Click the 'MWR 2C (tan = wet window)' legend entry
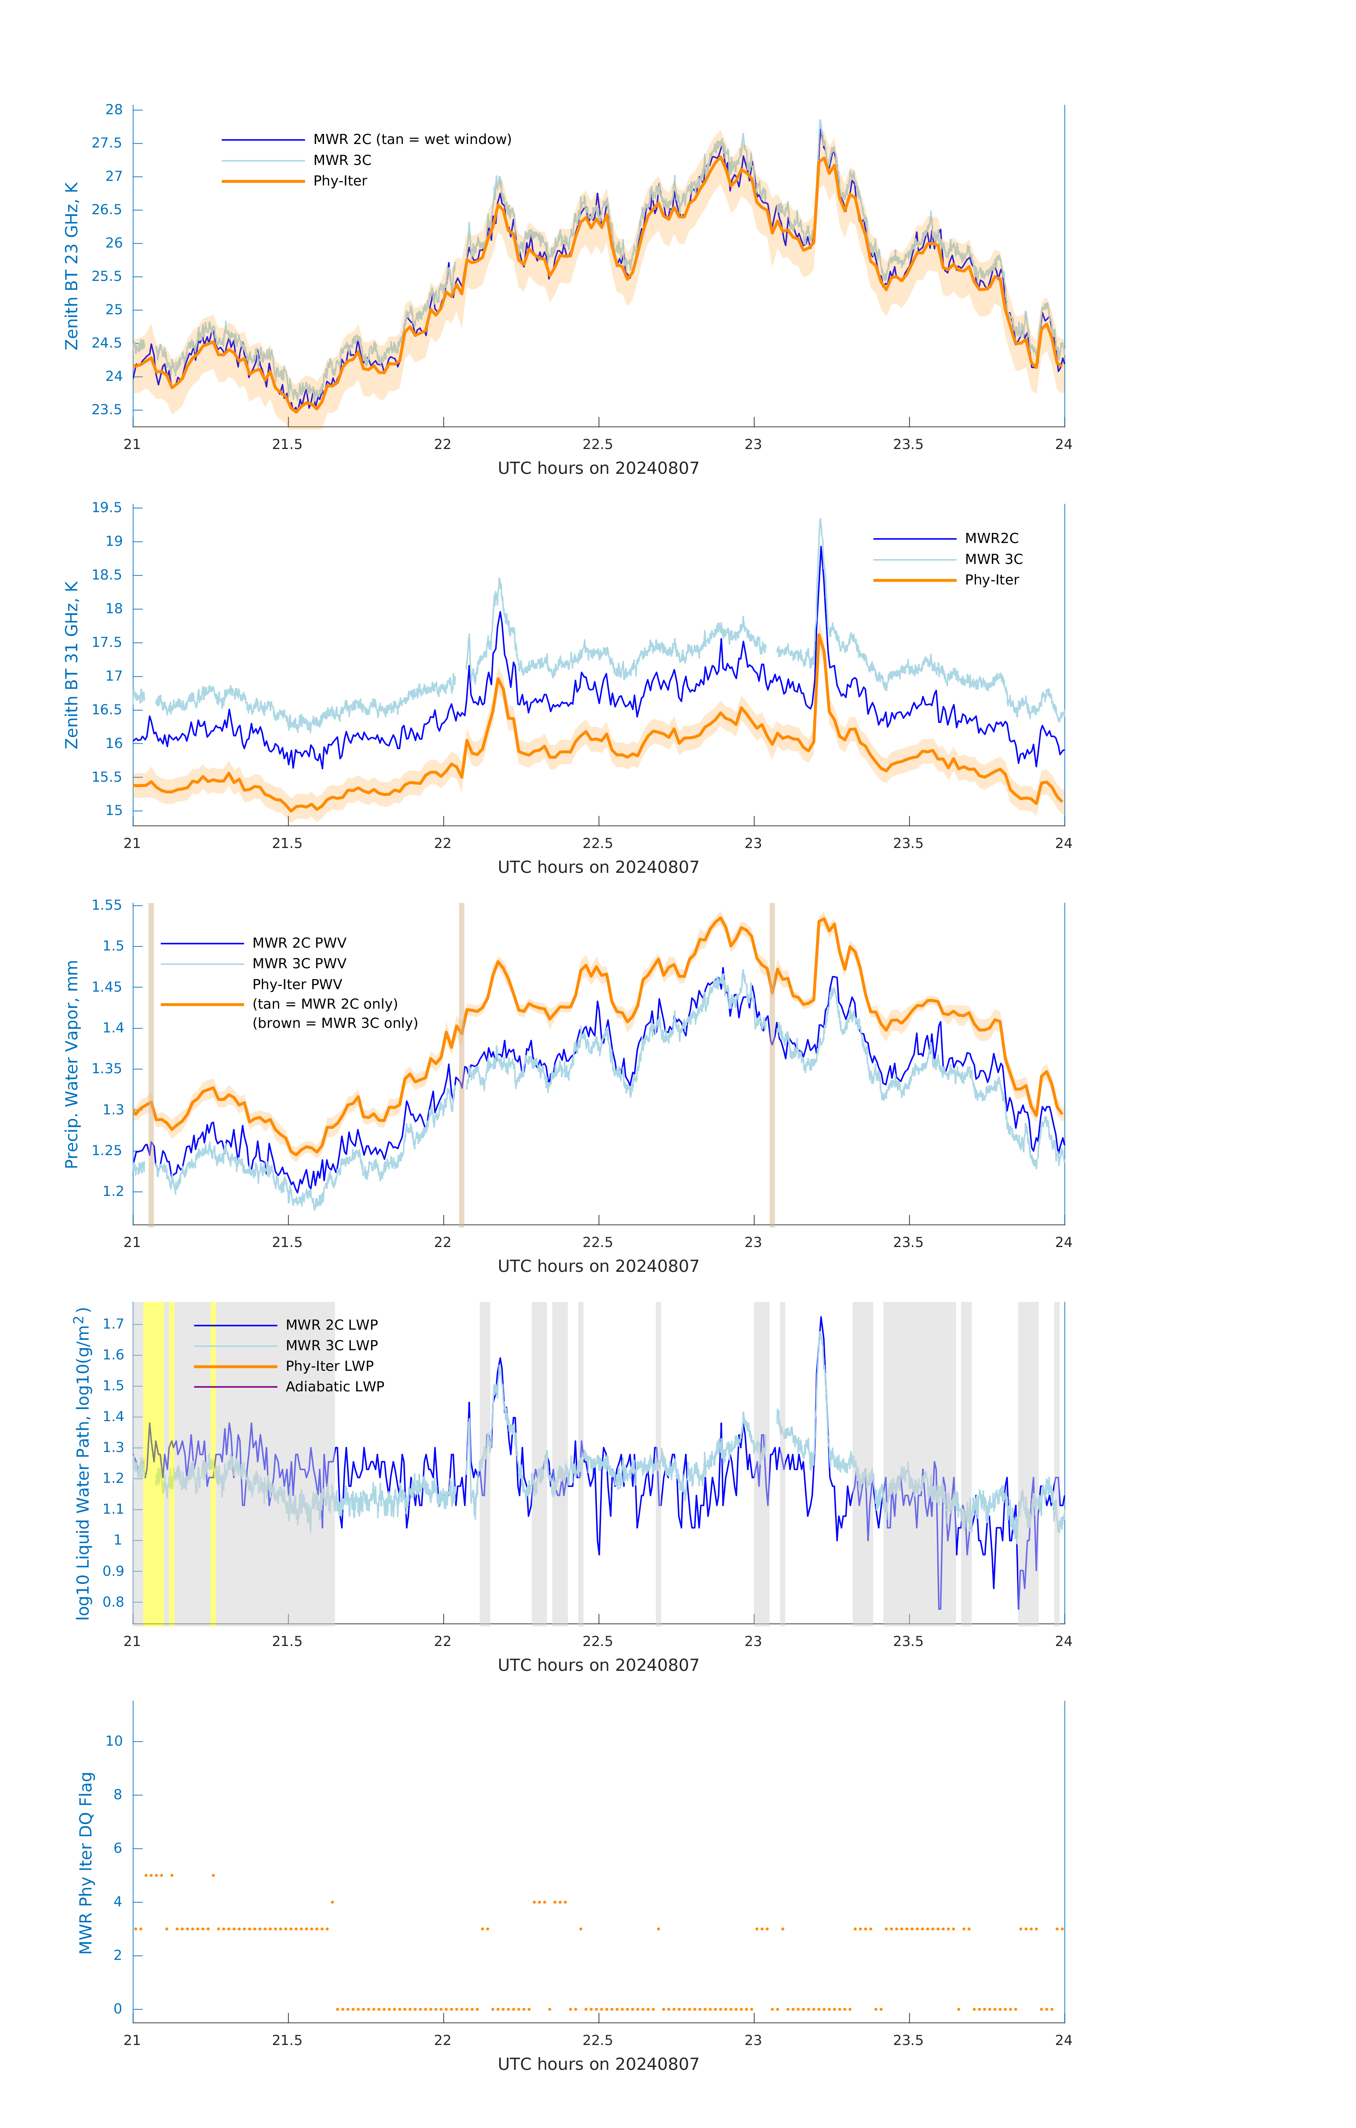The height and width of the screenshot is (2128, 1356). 412,140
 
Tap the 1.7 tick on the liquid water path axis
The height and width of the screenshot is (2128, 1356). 113,1324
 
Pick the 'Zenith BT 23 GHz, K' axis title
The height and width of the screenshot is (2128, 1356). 72,266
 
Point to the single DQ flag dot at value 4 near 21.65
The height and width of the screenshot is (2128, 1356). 332,1902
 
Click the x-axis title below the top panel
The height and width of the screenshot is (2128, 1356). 598,469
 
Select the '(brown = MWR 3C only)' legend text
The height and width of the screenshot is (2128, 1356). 335,1023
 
